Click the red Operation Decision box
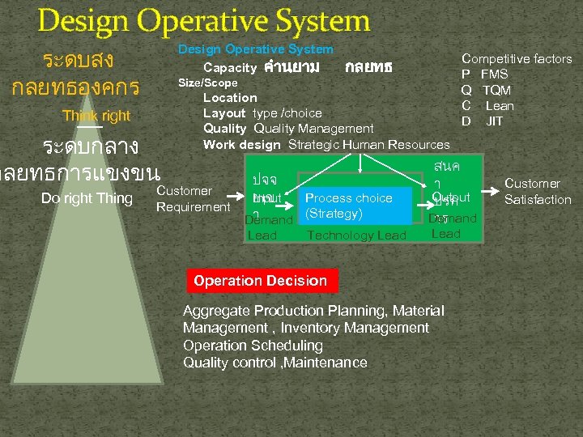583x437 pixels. click(x=260, y=281)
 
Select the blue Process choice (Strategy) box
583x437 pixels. click(x=348, y=206)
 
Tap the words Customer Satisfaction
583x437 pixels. click(x=538, y=192)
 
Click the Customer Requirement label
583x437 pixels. click(x=193, y=199)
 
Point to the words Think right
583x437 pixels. click(x=96, y=116)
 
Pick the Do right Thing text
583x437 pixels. click(x=87, y=198)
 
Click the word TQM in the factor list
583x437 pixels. click(x=496, y=90)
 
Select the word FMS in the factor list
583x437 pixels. click(x=494, y=74)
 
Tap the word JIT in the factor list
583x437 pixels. click(x=494, y=121)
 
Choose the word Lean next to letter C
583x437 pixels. click(x=500, y=106)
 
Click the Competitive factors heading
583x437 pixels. click(x=517, y=59)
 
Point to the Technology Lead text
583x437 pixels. click(x=356, y=235)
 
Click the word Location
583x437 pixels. click(x=230, y=98)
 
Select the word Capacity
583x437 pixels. click(x=230, y=67)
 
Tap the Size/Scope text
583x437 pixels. click(x=207, y=83)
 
